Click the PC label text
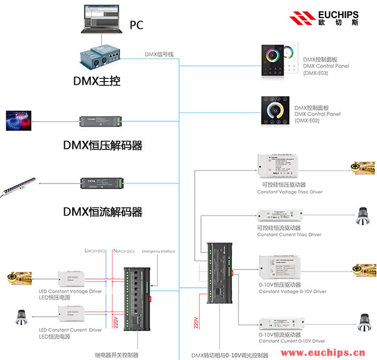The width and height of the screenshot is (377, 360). point(136,26)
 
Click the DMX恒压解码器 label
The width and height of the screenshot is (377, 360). point(102,145)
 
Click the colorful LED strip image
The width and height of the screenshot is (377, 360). point(22,118)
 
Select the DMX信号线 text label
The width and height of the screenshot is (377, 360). point(159,55)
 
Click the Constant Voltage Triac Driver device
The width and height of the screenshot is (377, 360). point(283,165)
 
